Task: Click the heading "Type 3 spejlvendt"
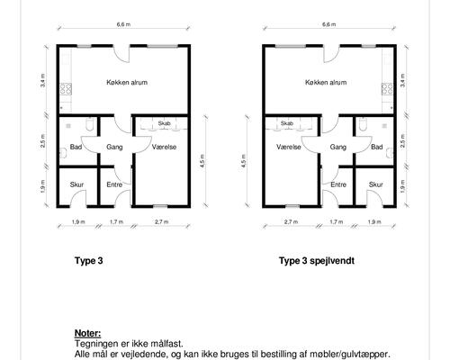coord(317,261)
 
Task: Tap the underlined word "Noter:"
coord(87,333)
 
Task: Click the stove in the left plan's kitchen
coord(66,89)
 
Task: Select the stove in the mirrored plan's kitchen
coord(387,89)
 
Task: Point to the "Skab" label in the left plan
coord(164,123)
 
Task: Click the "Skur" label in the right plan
coord(375,184)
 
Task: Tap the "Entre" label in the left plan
coord(114,184)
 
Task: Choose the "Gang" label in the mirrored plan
coord(338,147)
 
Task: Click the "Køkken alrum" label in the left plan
coord(127,82)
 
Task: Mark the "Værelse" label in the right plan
coord(289,147)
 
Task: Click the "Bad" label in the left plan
coord(76,147)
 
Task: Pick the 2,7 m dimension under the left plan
coord(162,221)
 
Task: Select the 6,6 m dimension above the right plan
coord(329,24)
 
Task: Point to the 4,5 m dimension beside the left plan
coord(202,161)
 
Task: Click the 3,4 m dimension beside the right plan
coord(402,80)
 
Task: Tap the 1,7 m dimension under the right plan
coord(337,221)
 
